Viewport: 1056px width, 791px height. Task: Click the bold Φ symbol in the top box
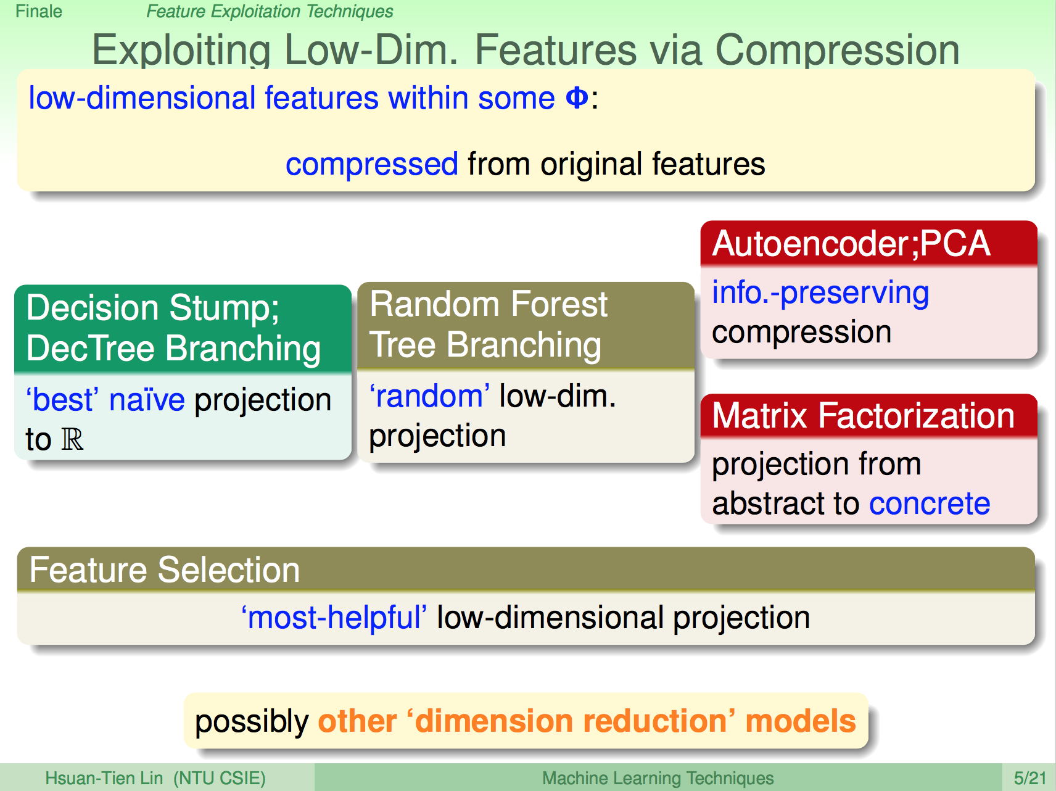[577, 98]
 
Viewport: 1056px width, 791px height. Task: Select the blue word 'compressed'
[372, 165]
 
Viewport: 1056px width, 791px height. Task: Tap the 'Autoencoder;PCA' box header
[851, 244]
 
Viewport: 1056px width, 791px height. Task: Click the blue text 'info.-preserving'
[820, 293]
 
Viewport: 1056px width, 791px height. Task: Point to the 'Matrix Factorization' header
[864, 415]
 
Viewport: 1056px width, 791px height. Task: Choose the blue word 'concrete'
[930, 503]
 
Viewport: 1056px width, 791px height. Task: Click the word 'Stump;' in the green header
[225, 309]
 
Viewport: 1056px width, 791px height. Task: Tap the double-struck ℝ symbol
[72, 439]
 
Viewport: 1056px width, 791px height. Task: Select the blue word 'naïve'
[147, 400]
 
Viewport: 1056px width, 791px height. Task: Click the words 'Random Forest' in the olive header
[489, 304]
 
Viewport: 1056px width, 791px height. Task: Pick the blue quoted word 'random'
[430, 396]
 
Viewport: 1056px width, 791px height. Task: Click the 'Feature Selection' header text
[165, 569]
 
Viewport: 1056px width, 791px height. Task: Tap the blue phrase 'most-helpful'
[334, 618]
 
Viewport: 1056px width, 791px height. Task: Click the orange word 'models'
[801, 721]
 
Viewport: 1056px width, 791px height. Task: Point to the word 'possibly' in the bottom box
[252, 722]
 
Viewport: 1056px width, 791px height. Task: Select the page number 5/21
[1030, 778]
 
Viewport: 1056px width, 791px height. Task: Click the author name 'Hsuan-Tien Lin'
[104, 778]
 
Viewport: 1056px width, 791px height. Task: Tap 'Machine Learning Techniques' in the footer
[658, 779]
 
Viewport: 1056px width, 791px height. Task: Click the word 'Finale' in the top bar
[39, 12]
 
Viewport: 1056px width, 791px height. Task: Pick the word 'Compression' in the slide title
[837, 50]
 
